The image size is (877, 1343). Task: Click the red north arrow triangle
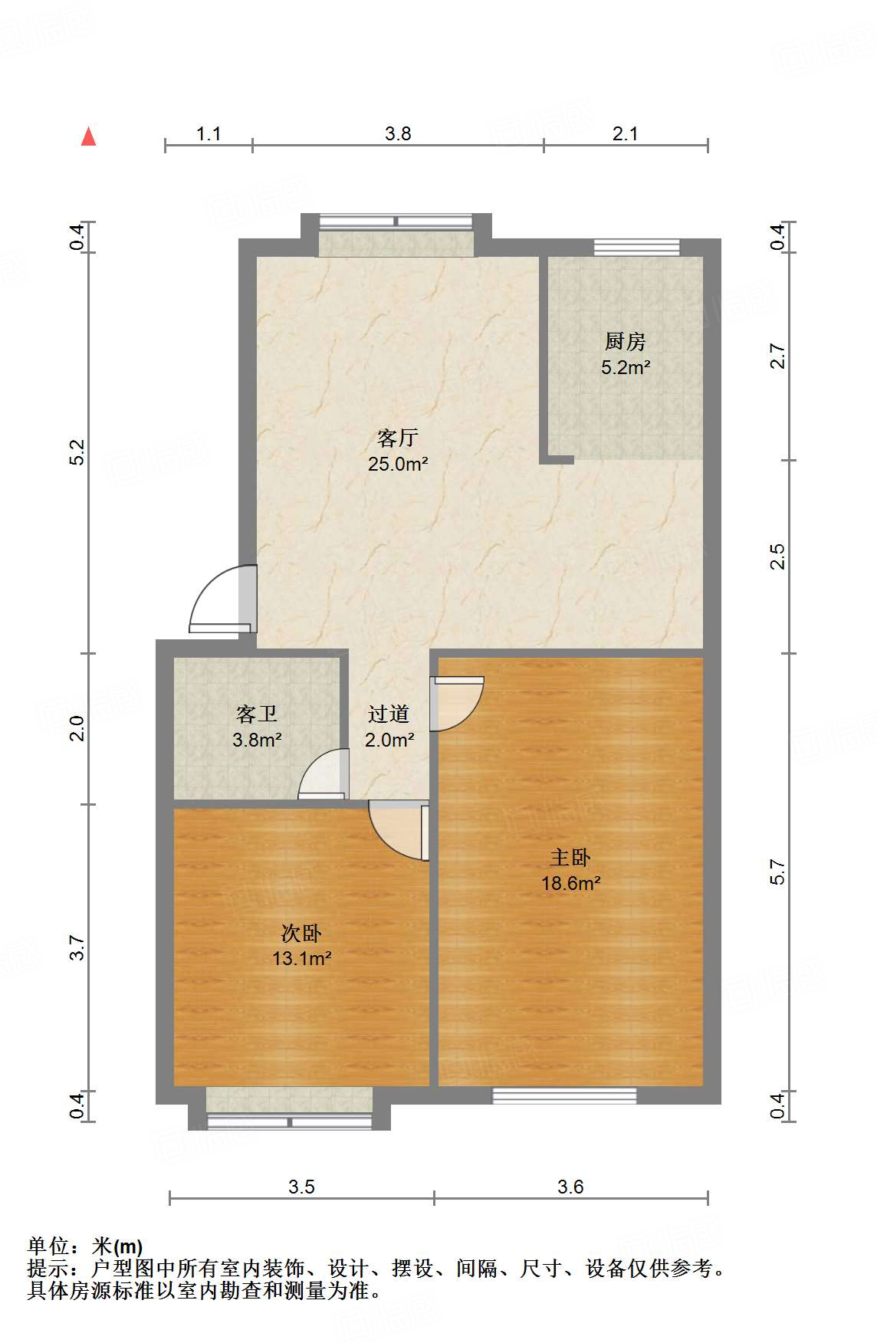[89, 137]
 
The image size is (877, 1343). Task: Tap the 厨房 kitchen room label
[625, 341]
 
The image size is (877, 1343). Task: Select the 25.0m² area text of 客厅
[397, 464]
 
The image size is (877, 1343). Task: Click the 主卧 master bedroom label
[570, 858]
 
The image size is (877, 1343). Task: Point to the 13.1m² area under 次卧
[301, 958]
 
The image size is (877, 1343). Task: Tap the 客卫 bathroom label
[257, 714]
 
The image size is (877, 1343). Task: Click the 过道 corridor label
[389, 714]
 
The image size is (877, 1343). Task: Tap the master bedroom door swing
[457, 702]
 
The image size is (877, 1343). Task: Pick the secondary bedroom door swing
[397, 829]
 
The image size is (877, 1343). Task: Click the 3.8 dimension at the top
[398, 134]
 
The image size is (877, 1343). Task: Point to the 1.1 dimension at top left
[209, 134]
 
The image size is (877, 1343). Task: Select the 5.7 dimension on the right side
[777, 872]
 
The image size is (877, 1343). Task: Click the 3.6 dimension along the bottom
[570, 1187]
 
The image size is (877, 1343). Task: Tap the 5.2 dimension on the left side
[77, 452]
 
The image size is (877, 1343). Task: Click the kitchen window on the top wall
[636, 247]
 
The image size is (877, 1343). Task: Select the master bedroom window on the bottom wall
[564, 1095]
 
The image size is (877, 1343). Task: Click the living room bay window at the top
[396, 234]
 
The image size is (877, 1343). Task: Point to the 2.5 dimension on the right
[777, 557]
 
